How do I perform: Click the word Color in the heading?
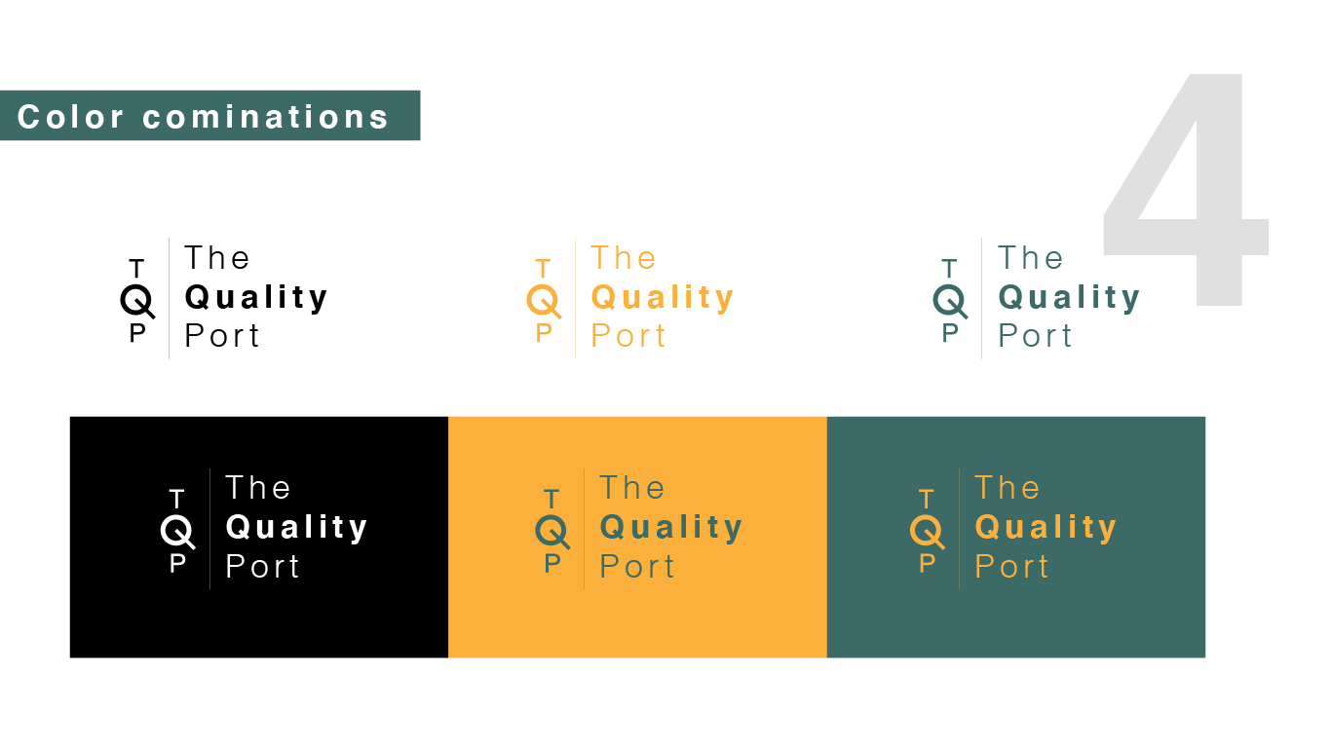[70, 117]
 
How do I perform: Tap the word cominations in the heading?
[265, 117]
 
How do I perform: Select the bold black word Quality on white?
[256, 298]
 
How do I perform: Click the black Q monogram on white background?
[137, 301]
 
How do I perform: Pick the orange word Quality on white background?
[663, 298]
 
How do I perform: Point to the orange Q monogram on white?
[544, 301]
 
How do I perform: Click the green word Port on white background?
[1035, 336]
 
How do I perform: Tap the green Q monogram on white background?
[950, 301]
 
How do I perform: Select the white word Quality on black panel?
[297, 528]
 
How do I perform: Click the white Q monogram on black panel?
[177, 532]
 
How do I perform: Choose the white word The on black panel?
[258, 488]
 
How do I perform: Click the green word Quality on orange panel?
[671, 528]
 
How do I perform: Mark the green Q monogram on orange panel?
[551, 532]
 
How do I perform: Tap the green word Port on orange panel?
[637, 567]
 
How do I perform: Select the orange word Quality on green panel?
[1046, 528]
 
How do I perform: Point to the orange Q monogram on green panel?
[927, 532]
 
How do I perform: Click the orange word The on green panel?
[1008, 488]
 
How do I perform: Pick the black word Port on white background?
[222, 336]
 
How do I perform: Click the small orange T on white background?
[544, 269]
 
